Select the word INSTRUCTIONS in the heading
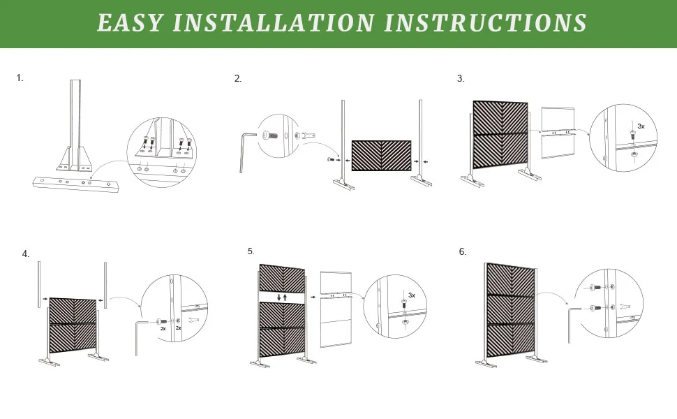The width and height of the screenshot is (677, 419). point(485,23)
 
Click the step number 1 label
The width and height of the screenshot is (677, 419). point(20,78)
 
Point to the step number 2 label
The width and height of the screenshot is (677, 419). point(238,79)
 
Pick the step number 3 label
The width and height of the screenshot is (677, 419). point(460,79)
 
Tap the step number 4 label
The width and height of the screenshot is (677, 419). point(26,254)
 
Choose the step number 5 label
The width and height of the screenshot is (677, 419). point(251,251)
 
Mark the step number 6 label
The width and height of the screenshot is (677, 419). point(462,252)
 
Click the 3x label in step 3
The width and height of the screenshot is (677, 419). point(641,126)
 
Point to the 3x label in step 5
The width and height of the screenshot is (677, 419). point(411,295)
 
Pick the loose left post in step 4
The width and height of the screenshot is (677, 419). point(40,284)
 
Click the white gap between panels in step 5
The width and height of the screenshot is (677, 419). point(283,297)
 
